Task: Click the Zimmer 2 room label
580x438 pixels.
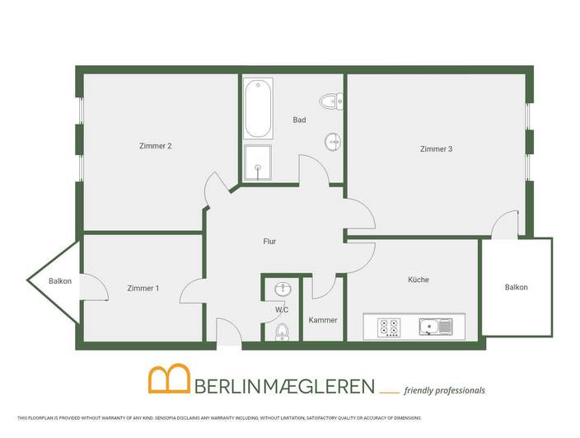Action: click(156, 146)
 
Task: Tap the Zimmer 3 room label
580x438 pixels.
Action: click(436, 149)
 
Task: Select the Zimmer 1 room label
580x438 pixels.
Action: click(143, 288)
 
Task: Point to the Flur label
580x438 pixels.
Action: click(269, 243)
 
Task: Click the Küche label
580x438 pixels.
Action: click(419, 280)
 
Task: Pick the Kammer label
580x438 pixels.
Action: click(323, 320)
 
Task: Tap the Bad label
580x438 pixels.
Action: click(299, 120)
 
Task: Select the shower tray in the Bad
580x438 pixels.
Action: click(258, 162)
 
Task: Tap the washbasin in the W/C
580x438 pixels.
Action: click(283, 290)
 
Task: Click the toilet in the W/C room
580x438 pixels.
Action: click(282, 332)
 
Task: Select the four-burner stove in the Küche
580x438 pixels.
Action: click(389, 327)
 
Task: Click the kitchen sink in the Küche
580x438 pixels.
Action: click(434, 327)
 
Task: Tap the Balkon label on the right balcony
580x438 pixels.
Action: click(517, 287)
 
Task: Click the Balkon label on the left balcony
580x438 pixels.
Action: click(60, 281)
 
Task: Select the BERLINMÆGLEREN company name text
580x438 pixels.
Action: click(285, 385)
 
